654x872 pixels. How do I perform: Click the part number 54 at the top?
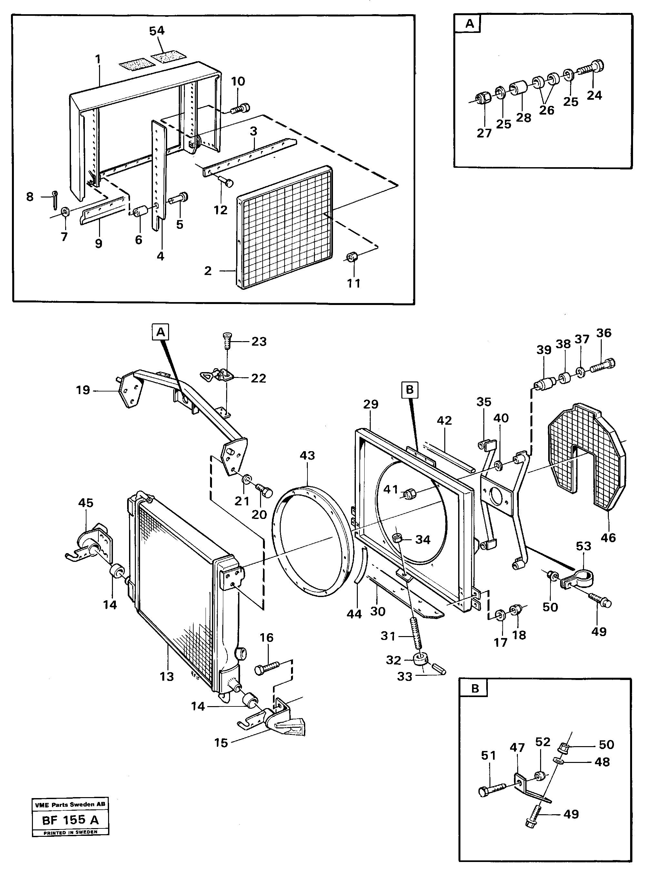coord(157,31)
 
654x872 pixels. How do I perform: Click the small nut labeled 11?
coord(352,257)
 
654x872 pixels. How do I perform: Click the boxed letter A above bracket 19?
coord(160,332)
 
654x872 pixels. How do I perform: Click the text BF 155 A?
coord(70,820)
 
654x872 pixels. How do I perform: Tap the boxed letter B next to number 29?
coord(409,390)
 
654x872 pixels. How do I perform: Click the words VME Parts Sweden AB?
coord(70,805)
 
